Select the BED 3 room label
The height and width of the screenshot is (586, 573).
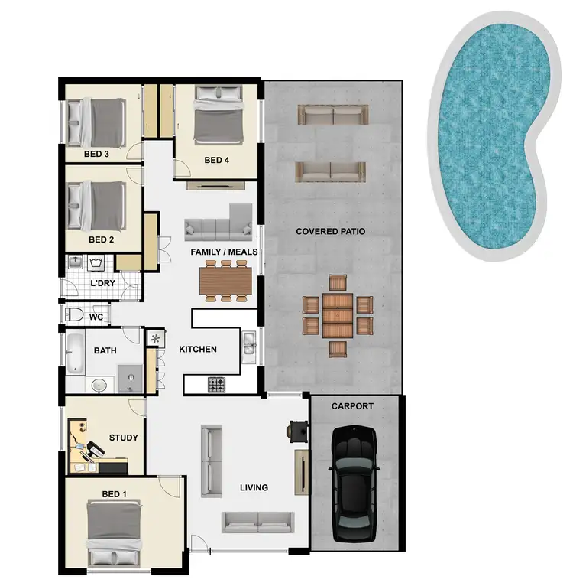96,154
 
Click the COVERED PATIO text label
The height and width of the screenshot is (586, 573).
330,231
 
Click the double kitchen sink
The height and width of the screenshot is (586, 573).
249,348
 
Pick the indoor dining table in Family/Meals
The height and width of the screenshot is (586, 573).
225,281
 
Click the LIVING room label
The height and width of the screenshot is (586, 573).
253,487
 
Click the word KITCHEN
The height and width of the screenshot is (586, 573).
198,350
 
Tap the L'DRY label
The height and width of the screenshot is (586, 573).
102,283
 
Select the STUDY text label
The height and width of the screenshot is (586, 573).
123,438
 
